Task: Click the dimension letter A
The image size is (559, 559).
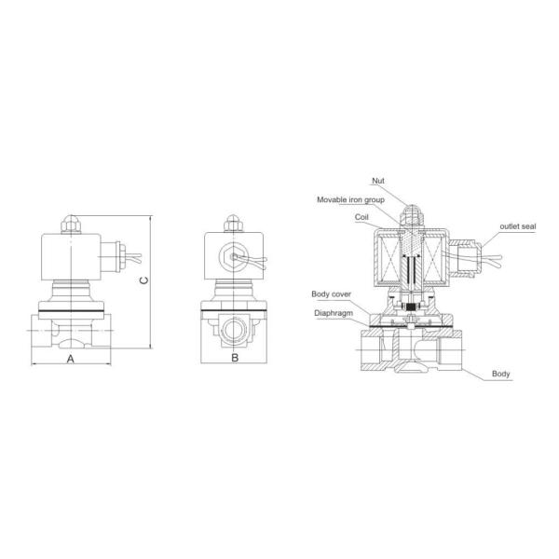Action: click(x=71, y=359)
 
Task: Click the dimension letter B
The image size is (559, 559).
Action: click(x=235, y=357)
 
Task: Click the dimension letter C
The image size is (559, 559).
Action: click(x=144, y=280)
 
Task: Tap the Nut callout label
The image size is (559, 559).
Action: click(x=378, y=181)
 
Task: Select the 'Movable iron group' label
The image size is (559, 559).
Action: click(x=351, y=199)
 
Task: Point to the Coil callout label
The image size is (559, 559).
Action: click(x=361, y=217)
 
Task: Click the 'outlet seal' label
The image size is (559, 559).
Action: click(x=518, y=226)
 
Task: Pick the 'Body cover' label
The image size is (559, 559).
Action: click(x=331, y=294)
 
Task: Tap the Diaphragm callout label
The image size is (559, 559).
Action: click(x=334, y=313)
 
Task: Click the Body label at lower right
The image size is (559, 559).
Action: click(x=500, y=374)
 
